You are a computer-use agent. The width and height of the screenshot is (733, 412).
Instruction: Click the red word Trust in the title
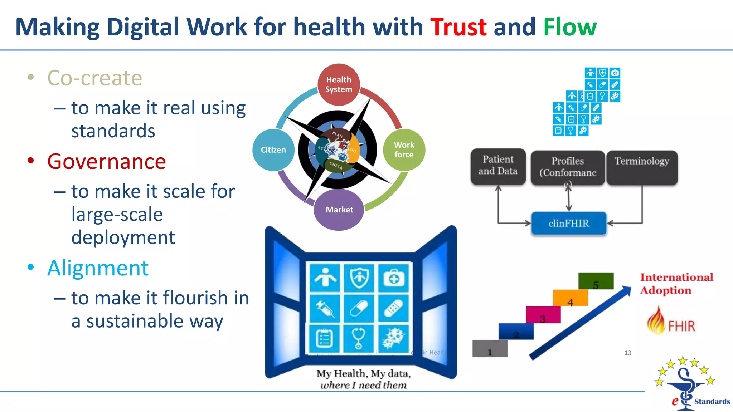click(x=458, y=27)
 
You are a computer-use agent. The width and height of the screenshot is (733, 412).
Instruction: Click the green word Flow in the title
click(x=570, y=27)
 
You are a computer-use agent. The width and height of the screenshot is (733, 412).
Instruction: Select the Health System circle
click(x=339, y=85)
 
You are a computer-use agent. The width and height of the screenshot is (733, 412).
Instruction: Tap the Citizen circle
click(x=273, y=150)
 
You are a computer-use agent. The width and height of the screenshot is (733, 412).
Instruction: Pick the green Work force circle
click(x=404, y=150)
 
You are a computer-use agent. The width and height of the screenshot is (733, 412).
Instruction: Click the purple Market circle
click(x=339, y=210)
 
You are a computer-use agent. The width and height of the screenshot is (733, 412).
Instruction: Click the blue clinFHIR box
click(x=569, y=224)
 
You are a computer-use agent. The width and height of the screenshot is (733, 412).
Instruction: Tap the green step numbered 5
click(x=596, y=281)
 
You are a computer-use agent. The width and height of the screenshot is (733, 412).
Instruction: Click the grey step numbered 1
click(x=490, y=349)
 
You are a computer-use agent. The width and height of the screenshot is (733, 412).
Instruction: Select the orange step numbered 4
click(x=571, y=298)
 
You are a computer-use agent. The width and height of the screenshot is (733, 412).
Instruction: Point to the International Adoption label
click(x=676, y=284)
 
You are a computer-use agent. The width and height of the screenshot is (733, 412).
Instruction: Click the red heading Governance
click(x=107, y=162)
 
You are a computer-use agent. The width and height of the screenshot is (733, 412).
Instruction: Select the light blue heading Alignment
click(x=98, y=268)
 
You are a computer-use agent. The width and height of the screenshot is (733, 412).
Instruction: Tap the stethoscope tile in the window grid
click(x=358, y=338)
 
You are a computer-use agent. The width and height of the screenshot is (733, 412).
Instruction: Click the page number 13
click(x=628, y=353)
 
